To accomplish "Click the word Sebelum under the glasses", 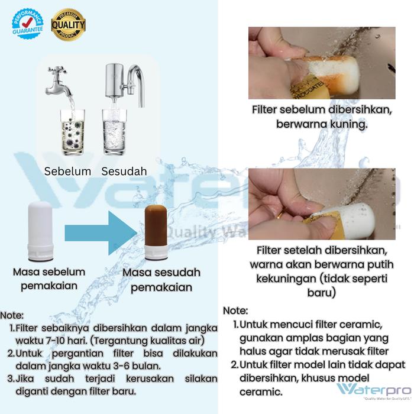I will (68, 172).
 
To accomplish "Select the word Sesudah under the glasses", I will (124, 172).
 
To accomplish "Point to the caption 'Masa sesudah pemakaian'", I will (161, 280).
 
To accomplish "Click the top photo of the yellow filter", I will (322, 63).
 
